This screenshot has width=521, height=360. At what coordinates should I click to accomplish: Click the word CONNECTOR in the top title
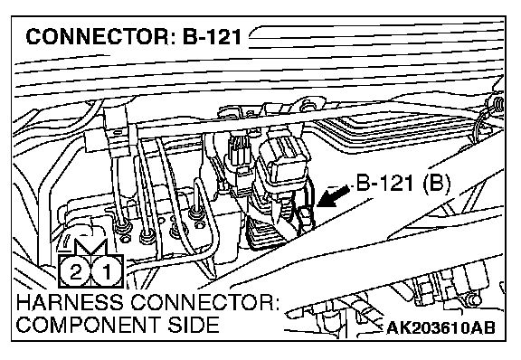click(99, 36)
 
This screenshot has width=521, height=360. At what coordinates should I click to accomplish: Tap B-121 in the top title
click(212, 36)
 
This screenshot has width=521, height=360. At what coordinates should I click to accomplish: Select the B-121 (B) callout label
click(403, 183)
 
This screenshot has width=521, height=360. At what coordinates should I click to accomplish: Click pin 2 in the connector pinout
click(75, 272)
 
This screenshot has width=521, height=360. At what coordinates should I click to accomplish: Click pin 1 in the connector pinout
click(107, 272)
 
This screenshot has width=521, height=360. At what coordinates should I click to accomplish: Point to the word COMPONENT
click(90, 325)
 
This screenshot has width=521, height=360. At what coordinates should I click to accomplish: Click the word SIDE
click(194, 325)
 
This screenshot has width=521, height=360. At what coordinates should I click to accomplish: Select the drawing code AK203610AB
click(440, 328)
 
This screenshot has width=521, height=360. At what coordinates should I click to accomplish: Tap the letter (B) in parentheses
click(436, 183)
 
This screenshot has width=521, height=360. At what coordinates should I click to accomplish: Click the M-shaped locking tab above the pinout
click(90, 247)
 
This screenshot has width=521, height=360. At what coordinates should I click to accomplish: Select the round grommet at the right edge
click(497, 106)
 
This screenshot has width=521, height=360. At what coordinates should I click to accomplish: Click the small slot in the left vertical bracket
click(118, 132)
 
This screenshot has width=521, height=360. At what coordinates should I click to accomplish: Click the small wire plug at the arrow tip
click(306, 217)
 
